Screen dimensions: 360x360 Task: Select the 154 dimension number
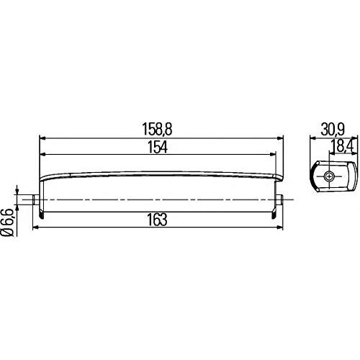158,147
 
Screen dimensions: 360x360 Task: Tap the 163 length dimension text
158,220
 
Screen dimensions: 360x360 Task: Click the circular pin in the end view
328,177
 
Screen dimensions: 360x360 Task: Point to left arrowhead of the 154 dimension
41,154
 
